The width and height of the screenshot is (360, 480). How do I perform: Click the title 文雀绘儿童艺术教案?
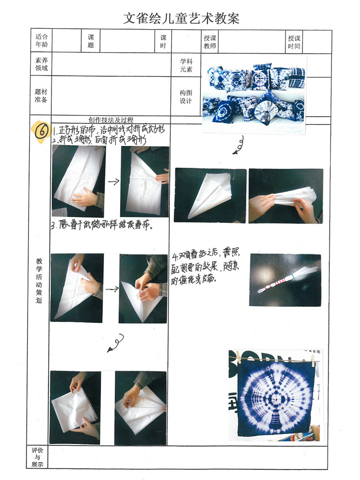pyautogui.click(x=181, y=18)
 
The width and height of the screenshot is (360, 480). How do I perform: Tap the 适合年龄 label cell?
pyautogui.click(x=41, y=41)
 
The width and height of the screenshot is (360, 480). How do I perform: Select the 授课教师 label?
pyautogui.click(x=210, y=42)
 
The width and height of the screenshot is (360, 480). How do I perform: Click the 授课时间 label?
pyautogui.click(x=294, y=42)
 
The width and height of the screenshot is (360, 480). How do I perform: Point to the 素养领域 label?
pyautogui.click(x=41, y=64)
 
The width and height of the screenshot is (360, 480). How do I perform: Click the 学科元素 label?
pyautogui.click(x=186, y=65)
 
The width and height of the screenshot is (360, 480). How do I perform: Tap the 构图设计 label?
pyautogui.click(x=186, y=97)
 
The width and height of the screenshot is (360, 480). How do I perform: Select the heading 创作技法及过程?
pyautogui.click(x=111, y=120)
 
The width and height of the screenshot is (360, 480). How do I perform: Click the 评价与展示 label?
pyautogui.click(x=37, y=457)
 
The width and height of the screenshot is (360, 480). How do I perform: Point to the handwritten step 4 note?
pyautogui.click(x=205, y=267)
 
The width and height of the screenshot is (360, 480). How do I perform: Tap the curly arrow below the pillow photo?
pyautogui.click(x=238, y=145)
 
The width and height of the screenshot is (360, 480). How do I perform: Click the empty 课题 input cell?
pyautogui.click(x=127, y=41)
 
